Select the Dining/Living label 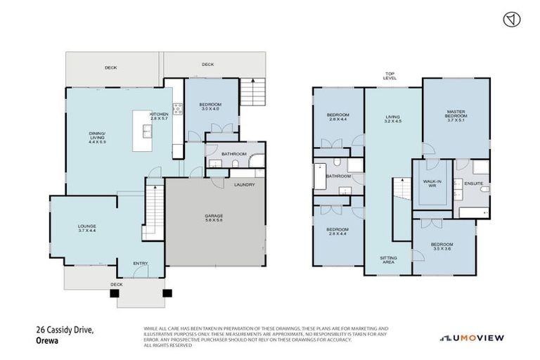96,136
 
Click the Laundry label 244,185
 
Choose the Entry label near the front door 141,264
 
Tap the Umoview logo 472,338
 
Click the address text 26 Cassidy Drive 65,328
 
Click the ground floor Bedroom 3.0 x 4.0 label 211,106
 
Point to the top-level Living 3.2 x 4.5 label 392,120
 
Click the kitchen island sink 147,131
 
